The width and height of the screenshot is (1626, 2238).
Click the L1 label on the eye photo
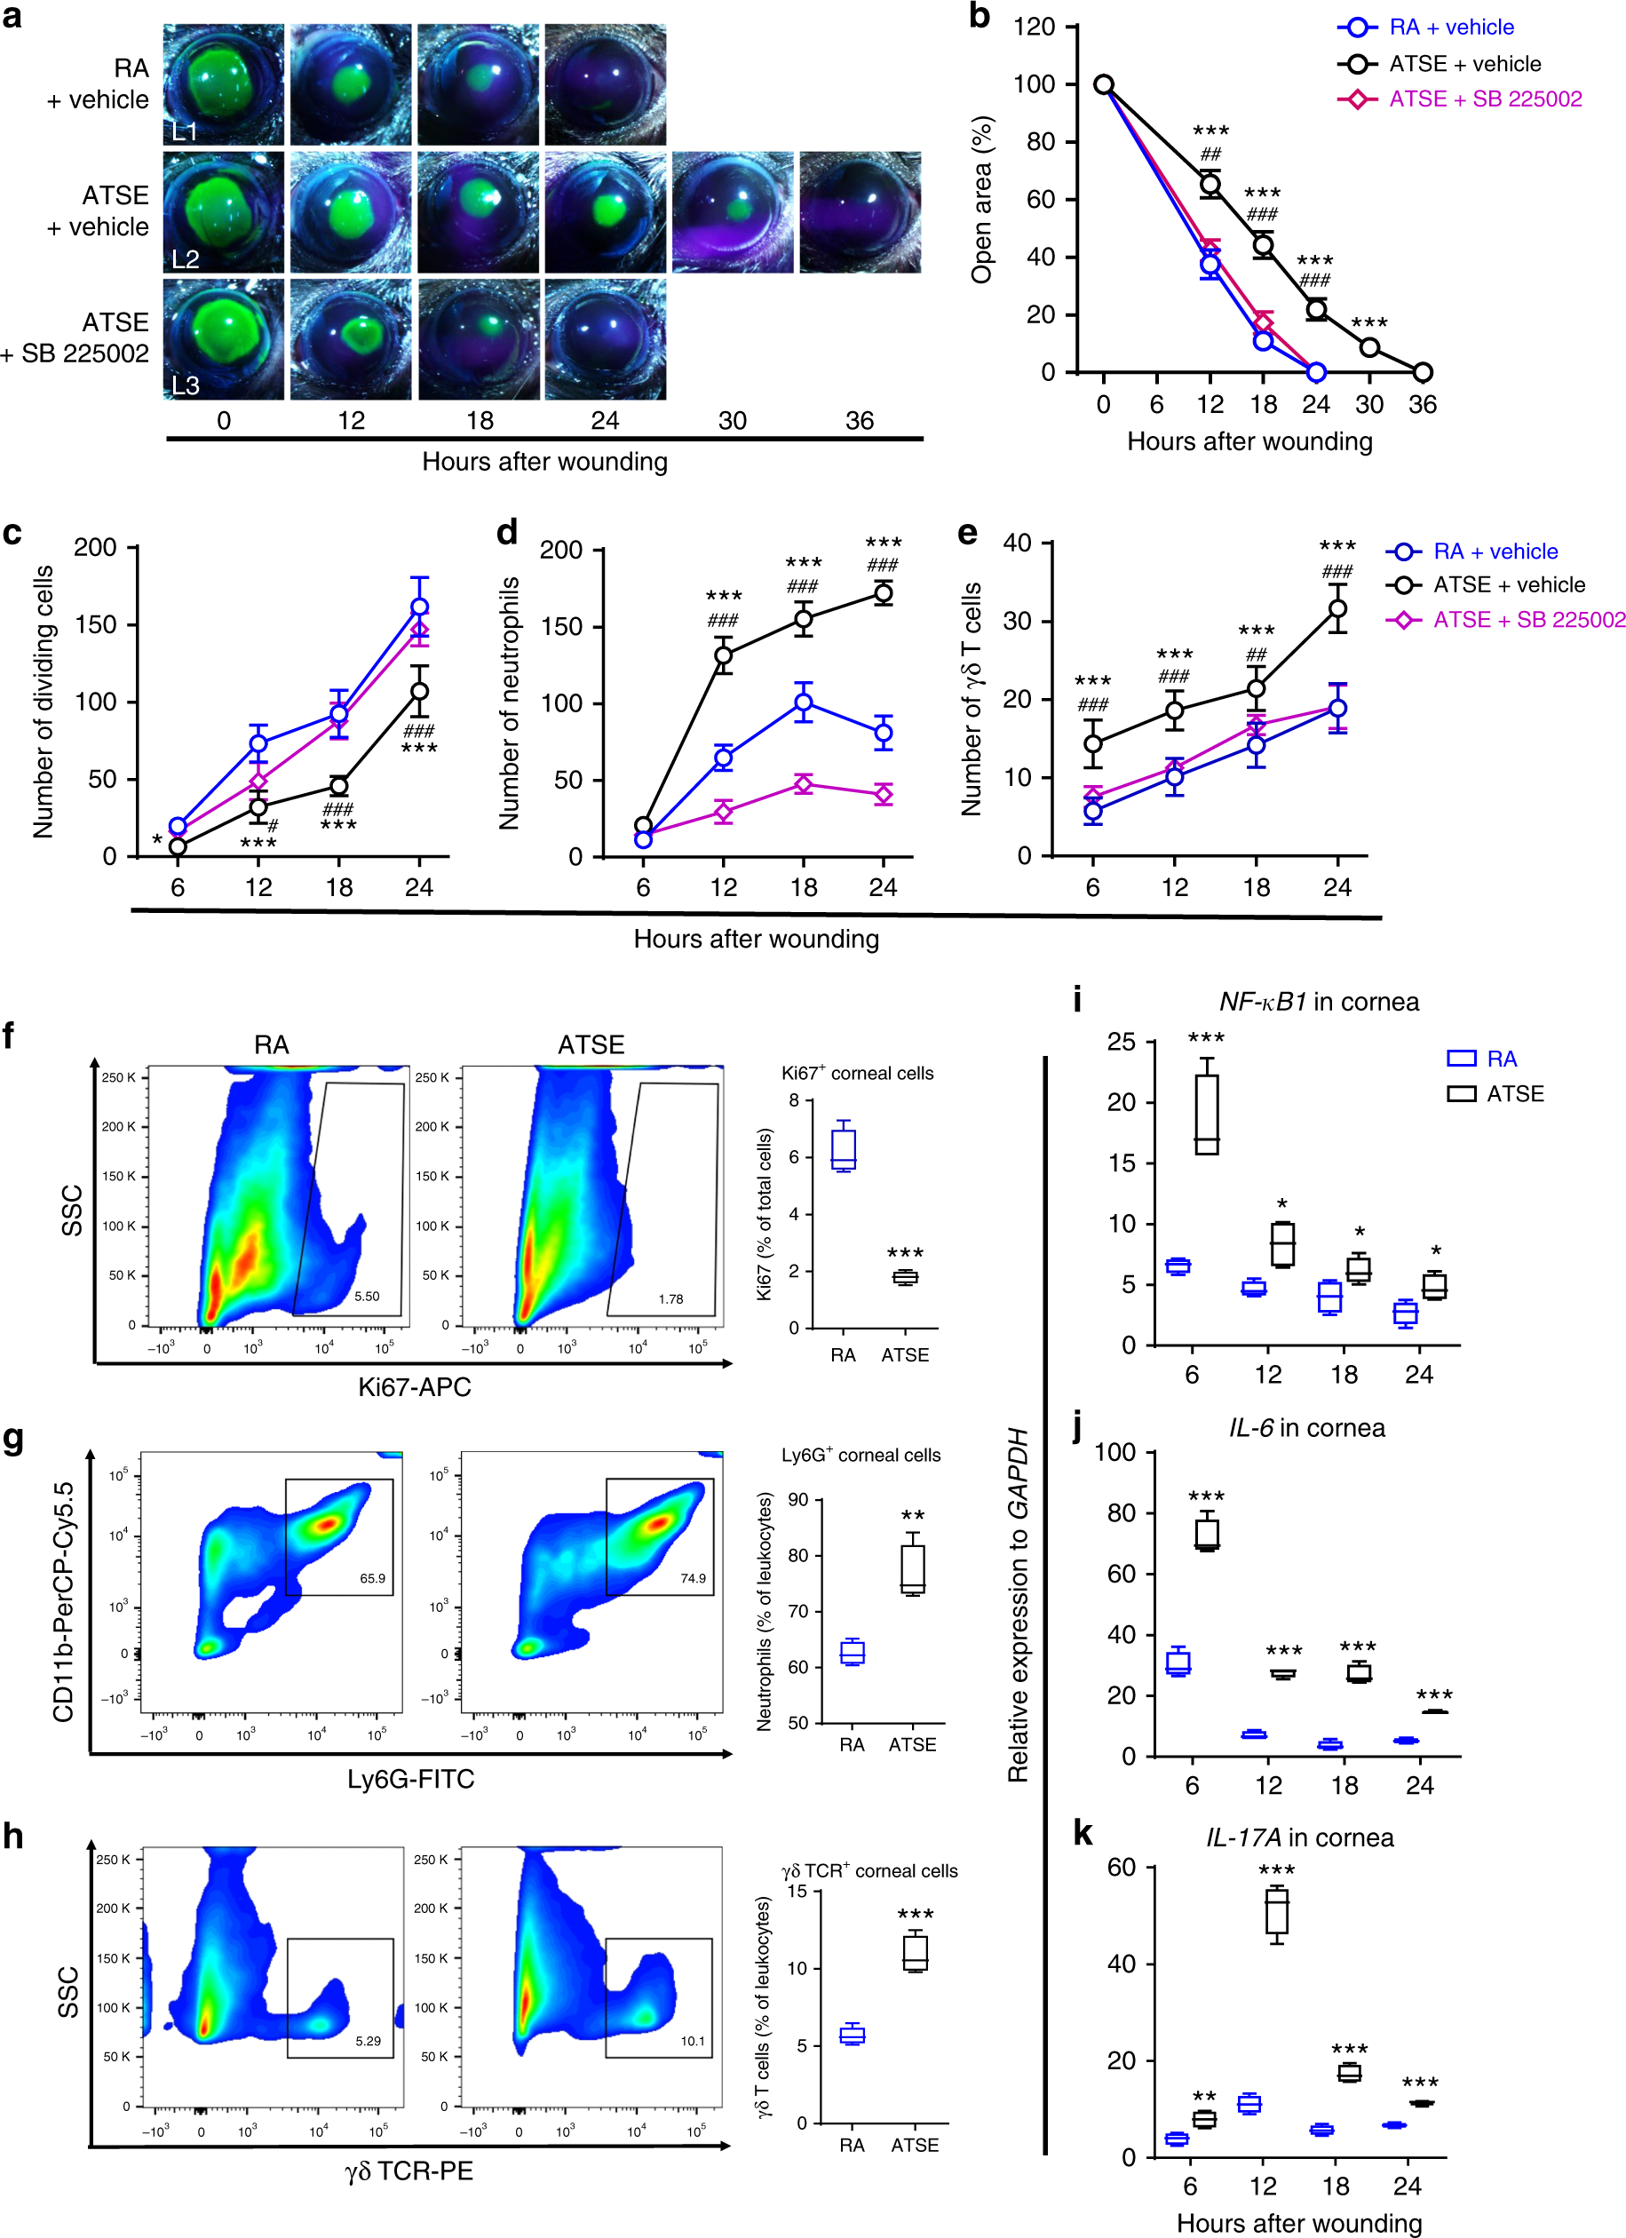[185, 131]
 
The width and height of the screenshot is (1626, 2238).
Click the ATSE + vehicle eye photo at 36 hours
[860, 212]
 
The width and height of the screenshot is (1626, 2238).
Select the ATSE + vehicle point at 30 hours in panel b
[1368, 347]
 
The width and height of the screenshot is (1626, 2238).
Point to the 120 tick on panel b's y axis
[1034, 27]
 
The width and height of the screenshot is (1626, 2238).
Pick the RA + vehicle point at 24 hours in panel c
[419, 607]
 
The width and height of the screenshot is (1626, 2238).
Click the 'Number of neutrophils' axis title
[509, 702]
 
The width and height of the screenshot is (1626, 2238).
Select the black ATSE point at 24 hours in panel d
[883, 593]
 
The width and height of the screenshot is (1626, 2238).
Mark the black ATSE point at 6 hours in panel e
[1092, 744]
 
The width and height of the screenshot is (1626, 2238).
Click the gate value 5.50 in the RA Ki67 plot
[366, 1296]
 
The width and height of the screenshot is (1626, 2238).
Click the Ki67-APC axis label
[414, 1386]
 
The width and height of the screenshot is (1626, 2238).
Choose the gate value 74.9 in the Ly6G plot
[693, 1578]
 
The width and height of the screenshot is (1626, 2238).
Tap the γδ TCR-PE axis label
[408, 2171]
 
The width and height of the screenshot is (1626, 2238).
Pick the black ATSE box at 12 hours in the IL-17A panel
[1276, 1915]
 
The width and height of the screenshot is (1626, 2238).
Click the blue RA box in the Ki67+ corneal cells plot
[844, 1148]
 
